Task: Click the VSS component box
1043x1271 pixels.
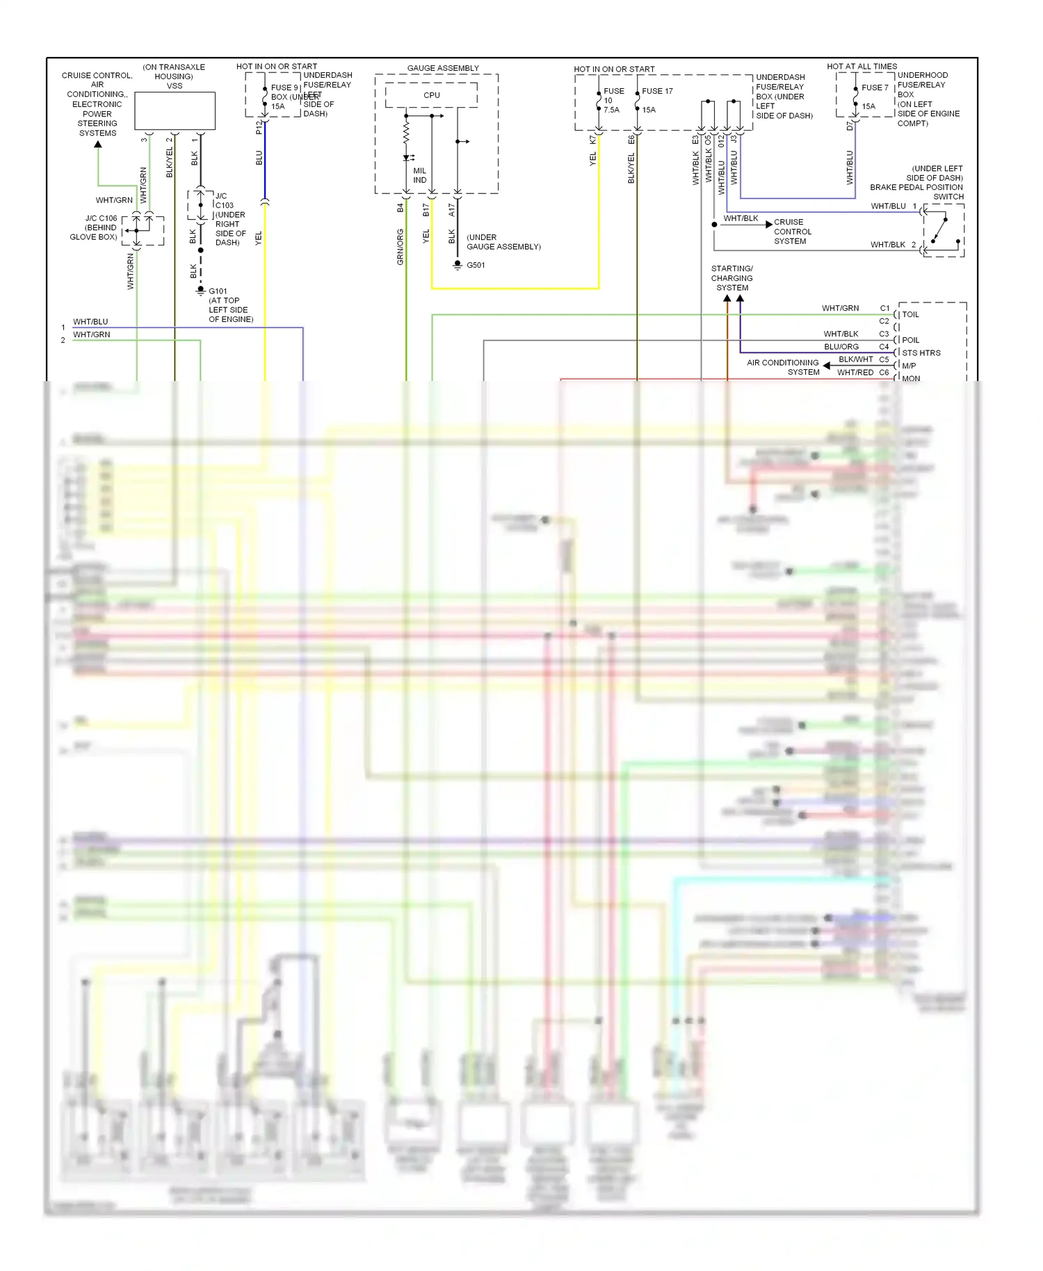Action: tap(175, 111)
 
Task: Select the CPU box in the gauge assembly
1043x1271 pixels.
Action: tap(431, 95)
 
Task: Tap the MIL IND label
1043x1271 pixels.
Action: tap(419, 175)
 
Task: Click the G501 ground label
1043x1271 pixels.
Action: tap(476, 265)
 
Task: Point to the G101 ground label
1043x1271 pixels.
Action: tap(218, 291)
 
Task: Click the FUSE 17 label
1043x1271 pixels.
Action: tap(657, 91)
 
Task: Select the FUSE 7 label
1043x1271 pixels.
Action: tap(875, 88)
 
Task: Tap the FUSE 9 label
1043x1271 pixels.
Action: tap(284, 88)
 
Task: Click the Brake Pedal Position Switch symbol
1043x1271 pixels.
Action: tap(944, 230)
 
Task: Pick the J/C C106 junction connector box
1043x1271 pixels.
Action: tap(143, 230)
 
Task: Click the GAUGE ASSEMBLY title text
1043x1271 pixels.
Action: tap(443, 68)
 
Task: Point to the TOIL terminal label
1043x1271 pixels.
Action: tap(910, 314)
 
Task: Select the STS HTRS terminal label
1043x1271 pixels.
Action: tap(921, 353)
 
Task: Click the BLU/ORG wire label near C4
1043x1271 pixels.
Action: tap(841, 346)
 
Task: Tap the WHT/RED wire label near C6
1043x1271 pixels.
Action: tap(855, 372)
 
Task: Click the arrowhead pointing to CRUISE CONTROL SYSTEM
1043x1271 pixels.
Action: tap(768, 225)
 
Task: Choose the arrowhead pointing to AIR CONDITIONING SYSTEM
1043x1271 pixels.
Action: tap(826, 366)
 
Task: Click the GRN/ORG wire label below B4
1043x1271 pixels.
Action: tap(401, 247)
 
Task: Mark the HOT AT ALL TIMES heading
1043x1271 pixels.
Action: tap(862, 67)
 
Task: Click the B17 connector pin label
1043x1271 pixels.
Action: tap(426, 209)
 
